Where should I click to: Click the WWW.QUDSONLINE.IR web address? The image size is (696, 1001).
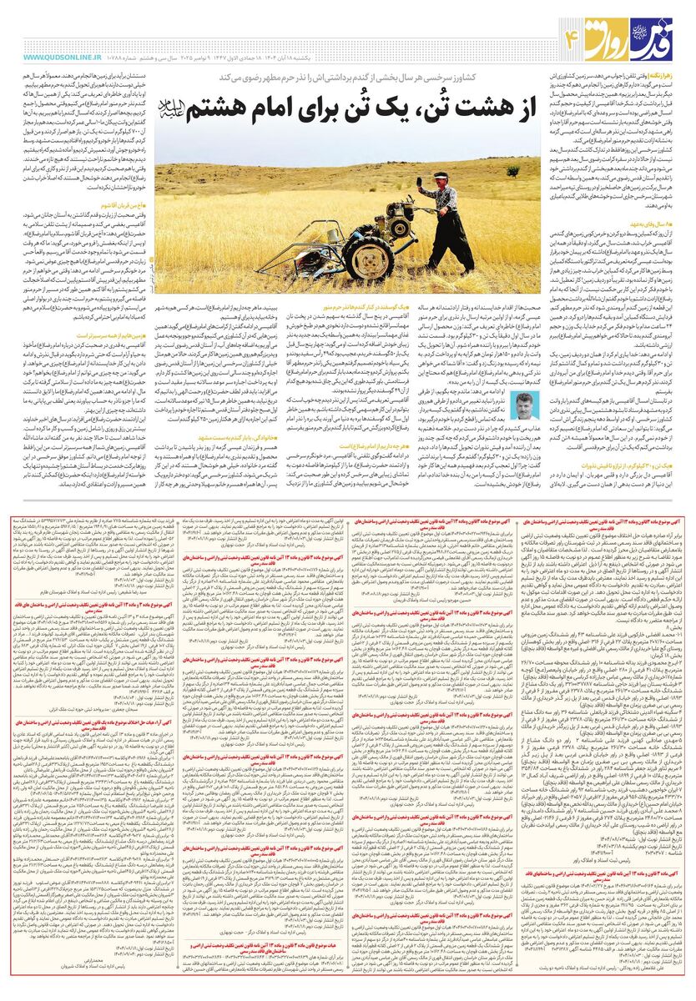(57, 58)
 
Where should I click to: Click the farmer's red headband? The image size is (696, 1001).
(441, 175)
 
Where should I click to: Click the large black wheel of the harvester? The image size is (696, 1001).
(367, 260)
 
